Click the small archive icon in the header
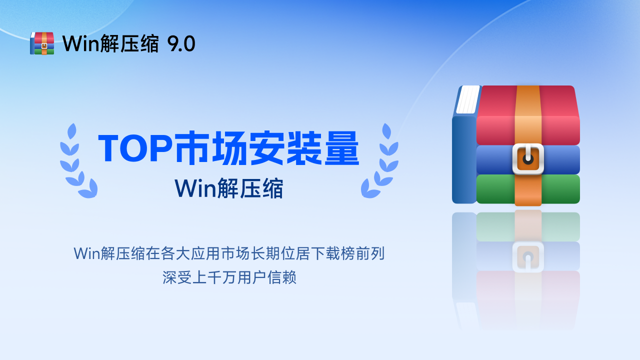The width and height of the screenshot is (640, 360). [x=42, y=43]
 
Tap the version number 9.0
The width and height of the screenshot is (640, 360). [x=181, y=44]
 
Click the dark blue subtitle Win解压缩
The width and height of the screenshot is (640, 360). [x=229, y=188]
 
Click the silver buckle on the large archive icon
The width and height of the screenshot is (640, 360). [x=528, y=159]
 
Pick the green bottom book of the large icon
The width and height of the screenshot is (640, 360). [x=495, y=189]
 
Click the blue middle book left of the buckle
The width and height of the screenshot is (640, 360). [x=494, y=159]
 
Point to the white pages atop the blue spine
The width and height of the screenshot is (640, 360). [x=468, y=99]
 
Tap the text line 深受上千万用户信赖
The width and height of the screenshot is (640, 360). [x=229, y=277]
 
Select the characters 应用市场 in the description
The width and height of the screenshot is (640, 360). [x=252, y=253]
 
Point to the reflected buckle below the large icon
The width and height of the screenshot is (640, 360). [x=528, y=256]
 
